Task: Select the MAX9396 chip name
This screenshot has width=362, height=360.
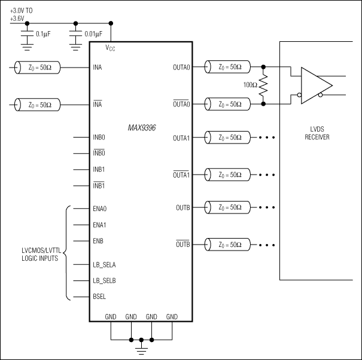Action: pos(141,128)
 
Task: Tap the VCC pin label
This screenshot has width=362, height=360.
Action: pos(110,48)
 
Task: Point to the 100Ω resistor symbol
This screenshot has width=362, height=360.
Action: pos(263,86)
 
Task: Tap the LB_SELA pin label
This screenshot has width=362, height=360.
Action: pos(105,263)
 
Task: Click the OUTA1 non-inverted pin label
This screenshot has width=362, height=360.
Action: pos(181,138)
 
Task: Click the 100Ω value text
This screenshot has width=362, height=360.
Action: pos(250,85)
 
